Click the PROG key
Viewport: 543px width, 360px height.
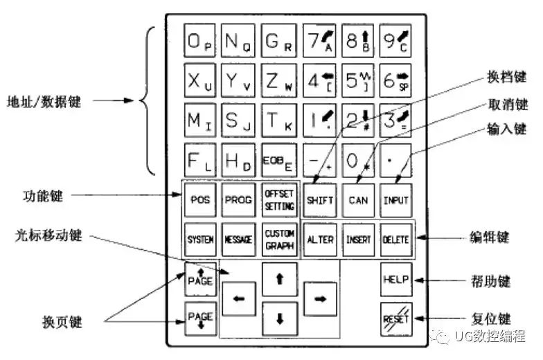tap(240, 200)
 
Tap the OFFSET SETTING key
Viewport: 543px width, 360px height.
tap(279, 200)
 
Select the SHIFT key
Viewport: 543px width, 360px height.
tap(320, 200)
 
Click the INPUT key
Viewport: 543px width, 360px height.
tap(395, 200)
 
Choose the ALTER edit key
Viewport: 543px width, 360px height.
tap(320, 240)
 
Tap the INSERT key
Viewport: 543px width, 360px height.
tap(358, 240)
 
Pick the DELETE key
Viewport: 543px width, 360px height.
tap(395, 240)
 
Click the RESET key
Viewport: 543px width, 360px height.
tap(396, 318)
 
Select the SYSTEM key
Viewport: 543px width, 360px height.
tap(201, 240)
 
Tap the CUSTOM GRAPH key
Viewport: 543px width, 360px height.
tap(279, 240)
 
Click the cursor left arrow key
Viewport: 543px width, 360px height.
tap(239, 299)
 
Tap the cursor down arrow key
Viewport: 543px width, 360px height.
tap(280, 319)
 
